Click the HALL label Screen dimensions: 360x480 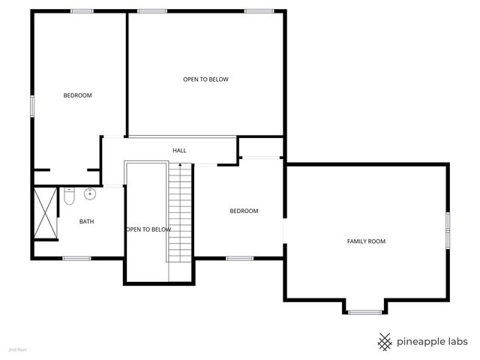pyautogui.click(x=179, y=151)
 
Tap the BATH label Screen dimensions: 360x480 pyautogui.click(x=86, y=221)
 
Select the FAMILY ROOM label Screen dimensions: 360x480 pyautogui.click(x=366, y=241)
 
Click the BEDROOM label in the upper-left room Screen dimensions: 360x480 pyautogui.click(x=77, y=95)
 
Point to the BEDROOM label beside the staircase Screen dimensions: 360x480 pyautogui.click(x=244, y=211)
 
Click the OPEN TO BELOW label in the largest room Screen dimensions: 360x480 pyautogui.click(x=205, y=79)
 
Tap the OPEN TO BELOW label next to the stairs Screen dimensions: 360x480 pyautogui.click(x=148, y=229)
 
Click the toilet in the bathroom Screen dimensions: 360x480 pyautogui.click(x=69, y=196)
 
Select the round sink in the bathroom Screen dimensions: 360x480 pyautogui.click(x=89, y=195)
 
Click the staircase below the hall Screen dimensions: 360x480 pyautogui.click(x=181, y=217)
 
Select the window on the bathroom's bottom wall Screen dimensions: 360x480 pyautogui.click(x=76, y=259)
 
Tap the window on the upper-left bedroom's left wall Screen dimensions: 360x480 pyautogui.click(x=31, y=104)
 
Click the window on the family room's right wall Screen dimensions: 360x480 pyautogui.click(x=447, y=229)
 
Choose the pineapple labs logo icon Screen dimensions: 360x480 pyautogui.click(x=385, y=341)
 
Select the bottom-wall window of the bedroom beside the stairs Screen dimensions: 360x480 pyautogui.click(x=240, y=259)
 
